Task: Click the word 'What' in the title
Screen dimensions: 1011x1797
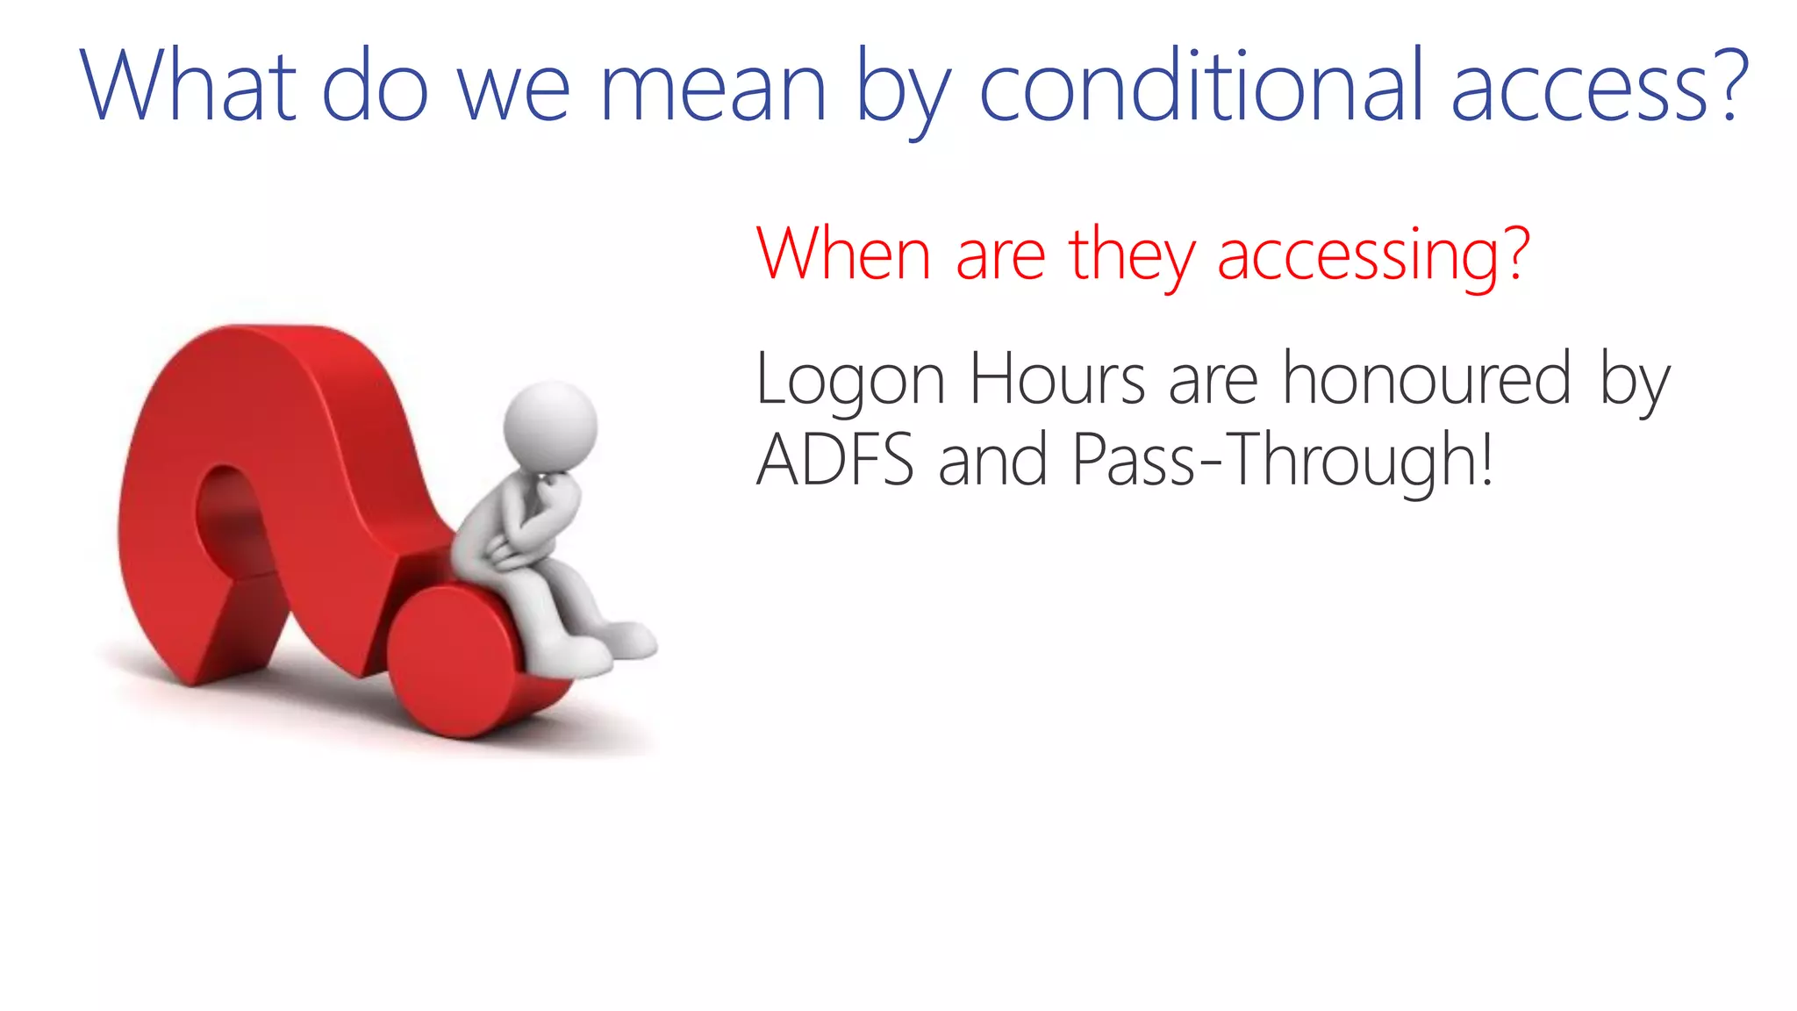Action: (x=188, y=86)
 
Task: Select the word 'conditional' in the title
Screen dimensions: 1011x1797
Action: (x=1200, y=86)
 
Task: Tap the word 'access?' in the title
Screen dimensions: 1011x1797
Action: (x=1600, y=86)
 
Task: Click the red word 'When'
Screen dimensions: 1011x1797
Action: (x=842, y=254)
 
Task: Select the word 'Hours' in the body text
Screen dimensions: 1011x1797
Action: (x=1056, y=379)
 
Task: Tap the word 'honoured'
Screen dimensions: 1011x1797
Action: (x=1427, y=378)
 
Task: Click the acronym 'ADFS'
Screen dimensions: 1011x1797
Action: (x=834, y=460)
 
